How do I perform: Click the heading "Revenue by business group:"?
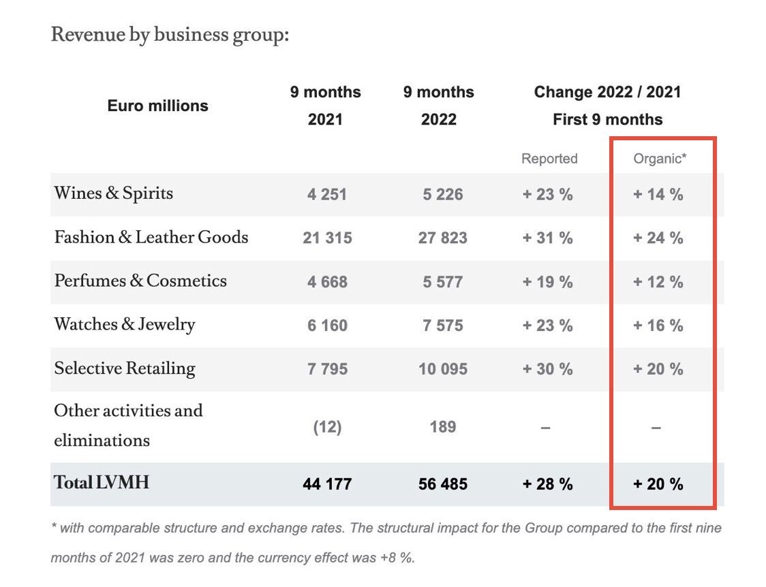click(170, 34)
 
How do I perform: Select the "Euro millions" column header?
click(158, 106)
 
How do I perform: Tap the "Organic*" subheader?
click(660, 159)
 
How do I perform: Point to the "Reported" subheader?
click(549, 159)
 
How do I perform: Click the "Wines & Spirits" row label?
click(114, 193)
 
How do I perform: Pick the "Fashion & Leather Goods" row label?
click(151, 238)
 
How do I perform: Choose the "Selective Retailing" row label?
click(125, 368)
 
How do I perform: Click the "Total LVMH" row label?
click(102, 483)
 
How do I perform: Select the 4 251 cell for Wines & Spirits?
click(327, 195)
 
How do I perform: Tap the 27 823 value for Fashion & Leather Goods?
click(444, 238)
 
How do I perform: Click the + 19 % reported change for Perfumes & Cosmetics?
click(548, 282)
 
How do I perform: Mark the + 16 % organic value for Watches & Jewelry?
click(658, 326)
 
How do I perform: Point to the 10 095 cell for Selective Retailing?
click(444, 369)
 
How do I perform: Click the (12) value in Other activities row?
click(327, 427)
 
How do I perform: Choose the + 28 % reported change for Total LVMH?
click(548, 484)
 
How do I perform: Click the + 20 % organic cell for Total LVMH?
click(658, 484)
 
